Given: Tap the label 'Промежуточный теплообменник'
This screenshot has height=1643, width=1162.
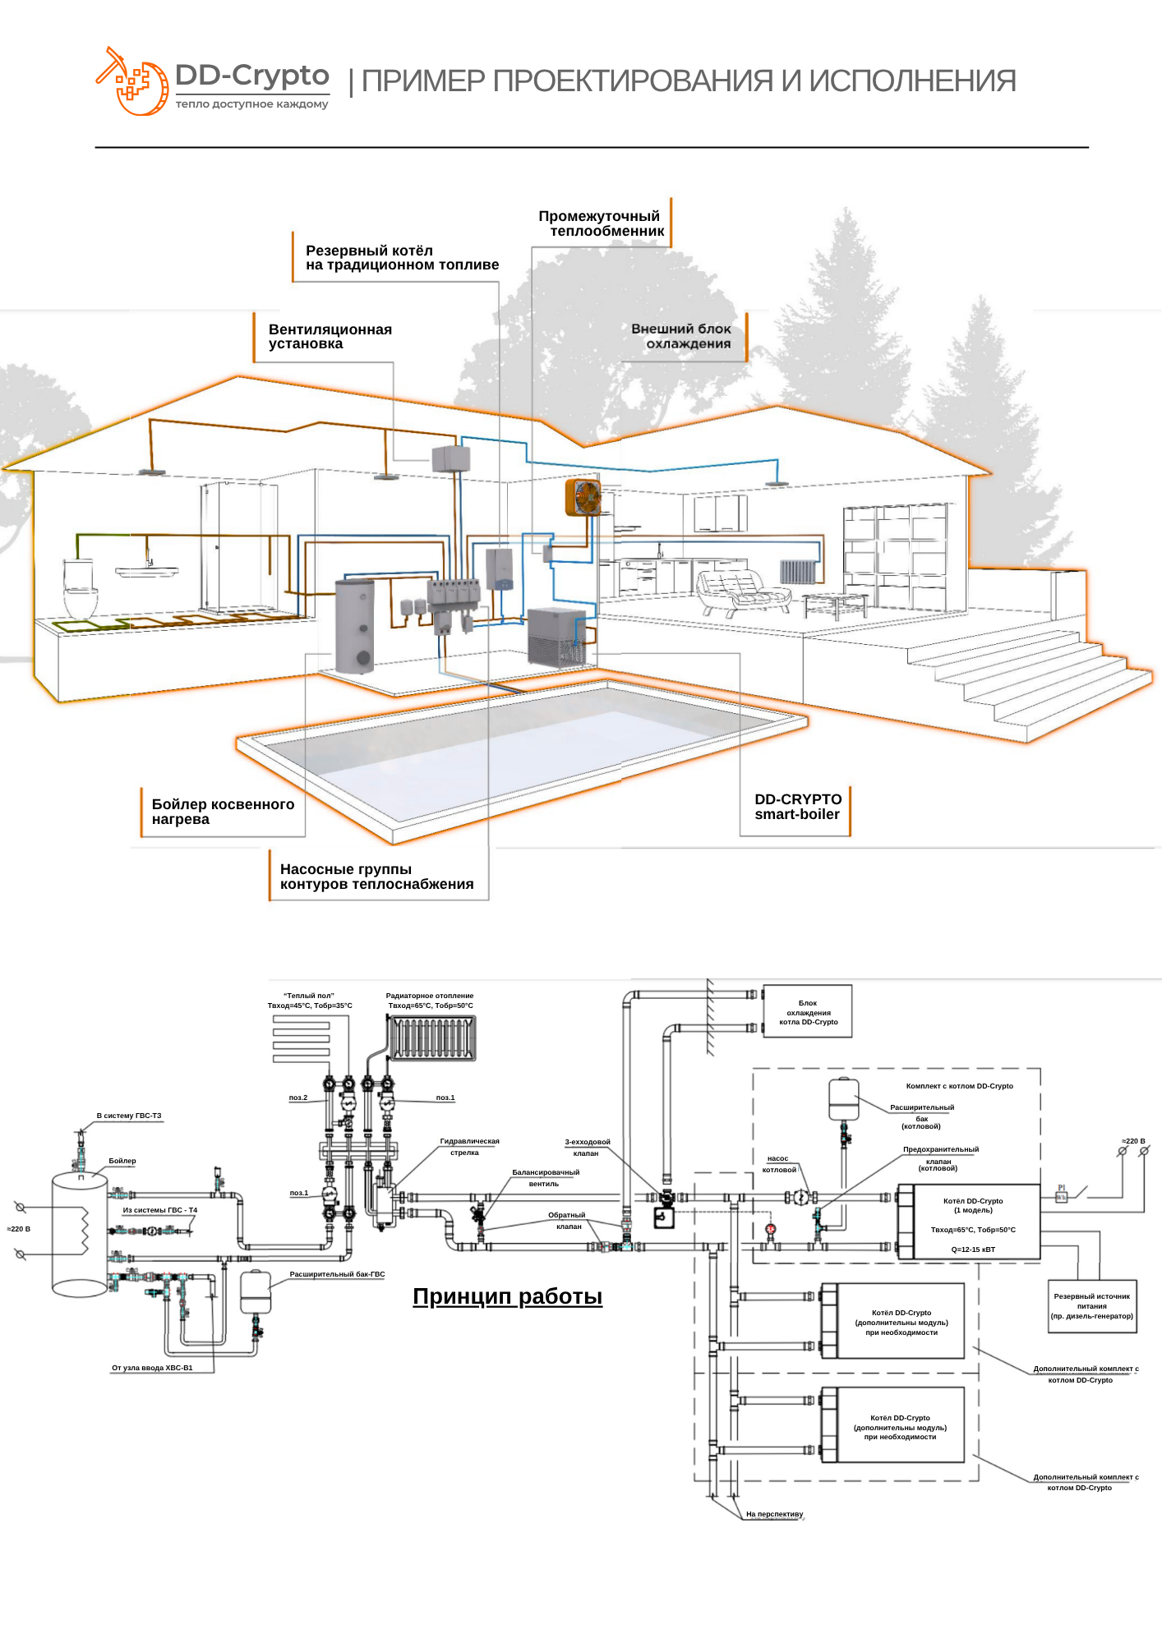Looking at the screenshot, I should (x=602, y=223).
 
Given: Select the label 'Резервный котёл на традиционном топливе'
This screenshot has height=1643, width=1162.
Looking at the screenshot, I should (x=402, y=258).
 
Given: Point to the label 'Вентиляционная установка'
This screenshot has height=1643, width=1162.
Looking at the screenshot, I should (x=330, y=337).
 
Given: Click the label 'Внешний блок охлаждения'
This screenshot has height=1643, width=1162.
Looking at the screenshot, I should (x=681, y=336).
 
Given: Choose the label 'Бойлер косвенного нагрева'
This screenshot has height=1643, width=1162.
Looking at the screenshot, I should (x=223, y=812).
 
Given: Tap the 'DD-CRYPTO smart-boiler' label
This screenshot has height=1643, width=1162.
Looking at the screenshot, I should (x=798, y=807).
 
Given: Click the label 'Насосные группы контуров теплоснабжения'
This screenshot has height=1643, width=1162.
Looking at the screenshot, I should (x=376, y=877).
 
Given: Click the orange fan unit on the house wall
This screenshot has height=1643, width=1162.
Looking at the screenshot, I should (x=583, y=498).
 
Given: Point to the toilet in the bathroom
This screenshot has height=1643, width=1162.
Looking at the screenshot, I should (x=80, y=589).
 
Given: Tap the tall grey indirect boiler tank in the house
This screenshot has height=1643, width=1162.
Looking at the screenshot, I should (x=355, y=626).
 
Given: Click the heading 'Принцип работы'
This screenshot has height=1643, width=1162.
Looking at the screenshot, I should (x=507, y=1296).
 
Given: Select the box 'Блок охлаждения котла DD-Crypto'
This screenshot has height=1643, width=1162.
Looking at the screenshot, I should (x=808, y=1011).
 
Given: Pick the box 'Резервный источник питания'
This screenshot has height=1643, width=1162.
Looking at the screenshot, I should (x=1092, y=1306).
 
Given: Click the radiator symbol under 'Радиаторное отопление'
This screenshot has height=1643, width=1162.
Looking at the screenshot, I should (x=432, y=1038).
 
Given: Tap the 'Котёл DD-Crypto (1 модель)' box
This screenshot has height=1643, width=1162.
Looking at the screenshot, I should (x=973, y=1222).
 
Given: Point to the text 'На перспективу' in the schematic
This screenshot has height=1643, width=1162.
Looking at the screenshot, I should (x=774, y=1514).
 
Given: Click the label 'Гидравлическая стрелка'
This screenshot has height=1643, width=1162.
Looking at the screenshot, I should (x=469, y=1147).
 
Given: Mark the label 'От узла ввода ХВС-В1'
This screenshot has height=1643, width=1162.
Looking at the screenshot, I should (x=152, y=1368).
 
